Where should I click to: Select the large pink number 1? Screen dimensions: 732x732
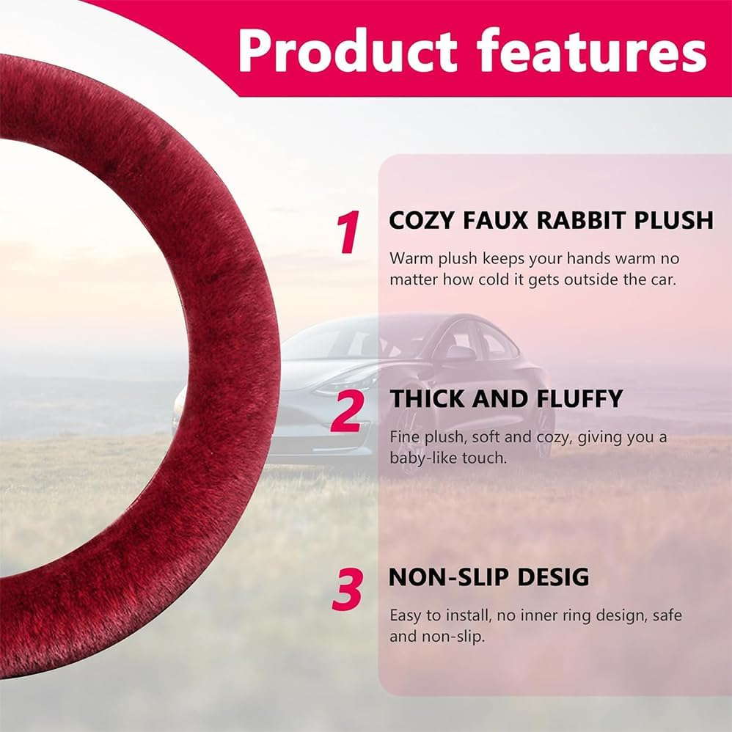(x=349, y=233)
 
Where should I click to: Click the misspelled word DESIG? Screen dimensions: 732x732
(x=553, y=577)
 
